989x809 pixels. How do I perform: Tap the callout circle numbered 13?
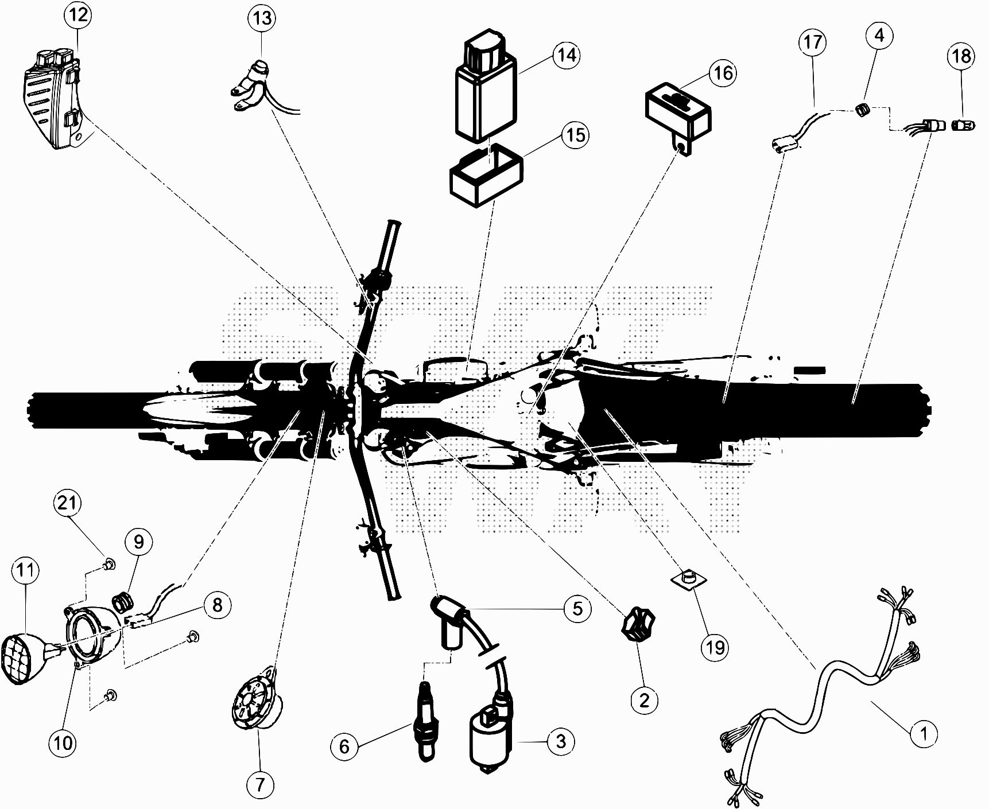[x=262, y=18]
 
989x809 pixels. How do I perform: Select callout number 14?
[x=566, y=55]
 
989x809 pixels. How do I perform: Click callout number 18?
[x=961, y=56]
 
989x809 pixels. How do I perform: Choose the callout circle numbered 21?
[x=68, y=503]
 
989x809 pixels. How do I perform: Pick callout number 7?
[x=260, y=784]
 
